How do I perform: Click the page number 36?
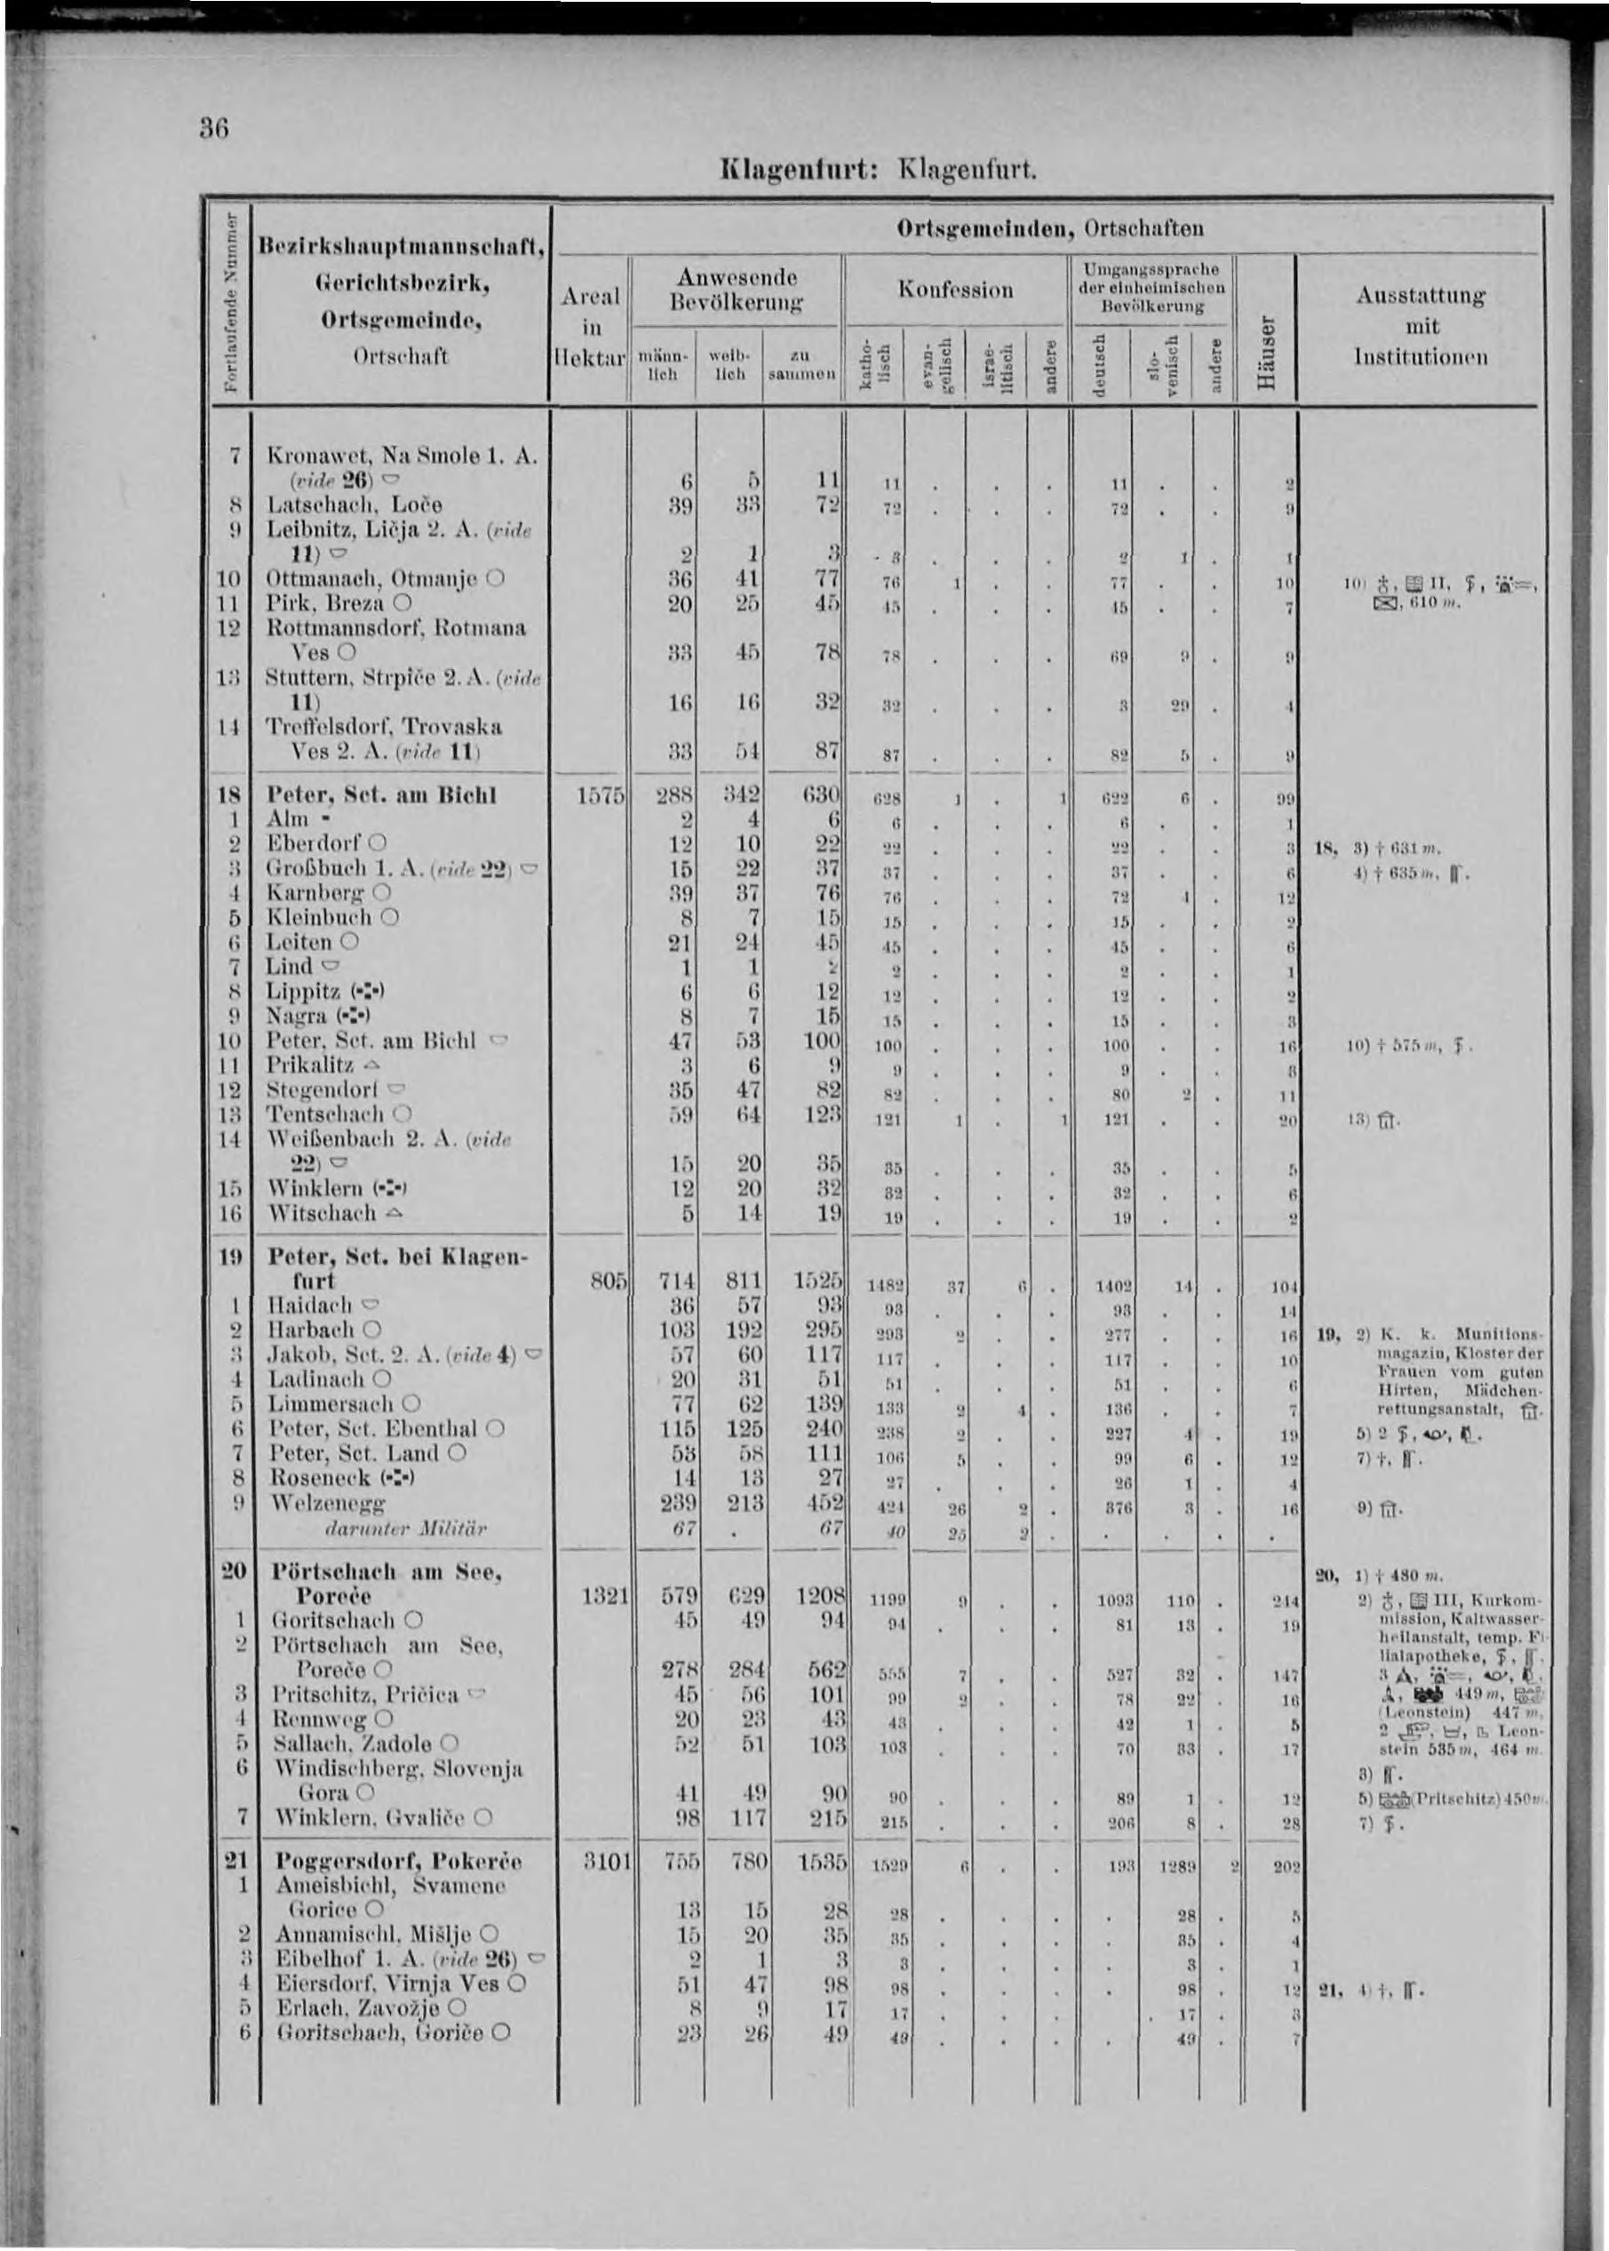click(x=215, y=130)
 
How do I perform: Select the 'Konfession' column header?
click(x=955, y=290)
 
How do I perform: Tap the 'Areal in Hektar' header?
click(x=591, y=327)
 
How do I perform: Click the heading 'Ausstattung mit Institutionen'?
click(x=1422, y=326)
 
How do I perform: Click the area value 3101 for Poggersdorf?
click(x=601, y=1861)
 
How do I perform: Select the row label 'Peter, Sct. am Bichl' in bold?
click(x=381, y=795)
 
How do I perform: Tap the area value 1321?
click(x=601, y=1596)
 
